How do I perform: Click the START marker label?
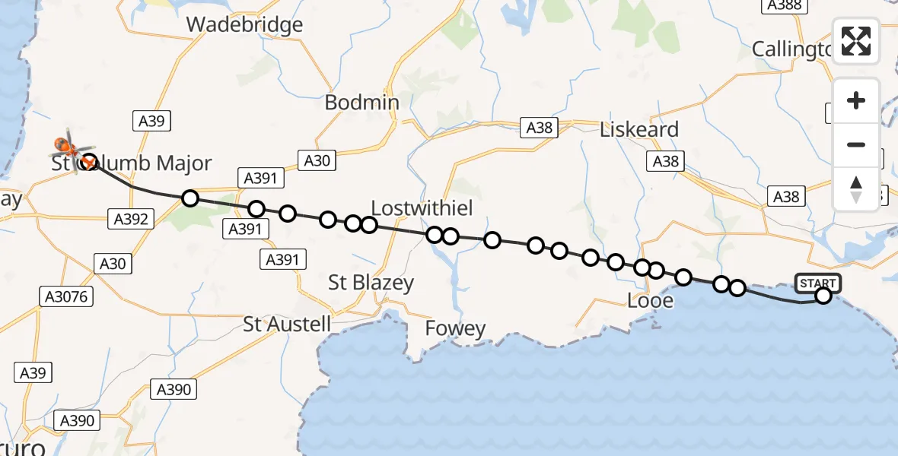[818, 283]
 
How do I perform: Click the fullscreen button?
[856, 41]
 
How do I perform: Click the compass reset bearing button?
[856, 189]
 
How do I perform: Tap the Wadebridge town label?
[244, 24]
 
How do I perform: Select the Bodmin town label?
[362, 102]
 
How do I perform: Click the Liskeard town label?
[638, 129]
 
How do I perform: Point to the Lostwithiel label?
[422, 208]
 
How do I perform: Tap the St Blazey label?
[371, 283]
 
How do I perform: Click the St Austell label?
[287, 324]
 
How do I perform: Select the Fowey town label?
[455, 328]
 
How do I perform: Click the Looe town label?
[650, 300]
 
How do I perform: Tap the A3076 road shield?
[67, 296]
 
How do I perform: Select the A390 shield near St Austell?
[173, 390]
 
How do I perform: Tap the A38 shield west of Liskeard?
[539, 128]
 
